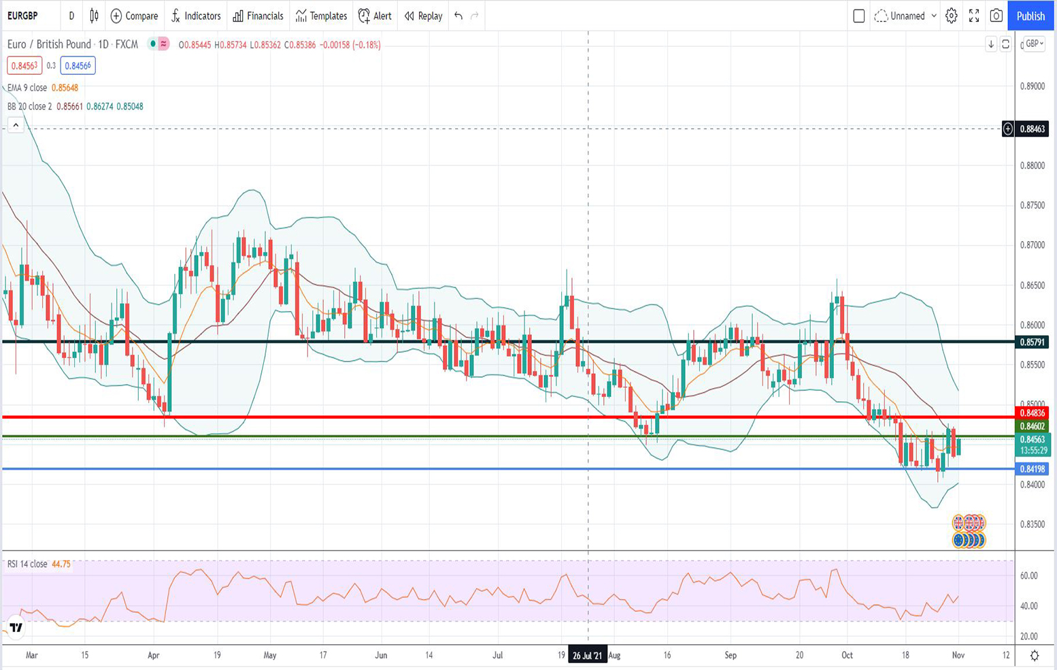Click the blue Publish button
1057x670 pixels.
[x=1030, y=16]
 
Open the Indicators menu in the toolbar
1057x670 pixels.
[x=196, y=16]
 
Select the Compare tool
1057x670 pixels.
[x=134, y=16]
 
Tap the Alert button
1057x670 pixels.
[x=375, y=16]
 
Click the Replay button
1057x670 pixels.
[x=423, y=16]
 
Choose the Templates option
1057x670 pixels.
[x=321, y=16]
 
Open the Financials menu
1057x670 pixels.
[x=258, y=16]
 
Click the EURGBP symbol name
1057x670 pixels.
[x=22, y=16]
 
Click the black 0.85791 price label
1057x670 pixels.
[x=1032, y=342]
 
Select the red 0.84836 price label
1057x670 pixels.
[x=1032, y=413]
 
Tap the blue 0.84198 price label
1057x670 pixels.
[x=1032, y=468]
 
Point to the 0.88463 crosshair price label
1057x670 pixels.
[x=1032, y=129]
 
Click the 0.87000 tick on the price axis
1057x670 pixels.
[x=1032, y=245]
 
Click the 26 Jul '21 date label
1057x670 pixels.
[x=587, y=655]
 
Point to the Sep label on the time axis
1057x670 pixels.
[x=730, y=655]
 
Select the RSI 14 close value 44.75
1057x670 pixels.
[x=61, y=564]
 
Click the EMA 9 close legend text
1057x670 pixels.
[x=27, y=88]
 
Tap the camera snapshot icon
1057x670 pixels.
[x=996, y=16]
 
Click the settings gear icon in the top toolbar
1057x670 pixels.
[x=951, y=16]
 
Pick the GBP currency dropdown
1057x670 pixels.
[x=1034, y=44]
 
